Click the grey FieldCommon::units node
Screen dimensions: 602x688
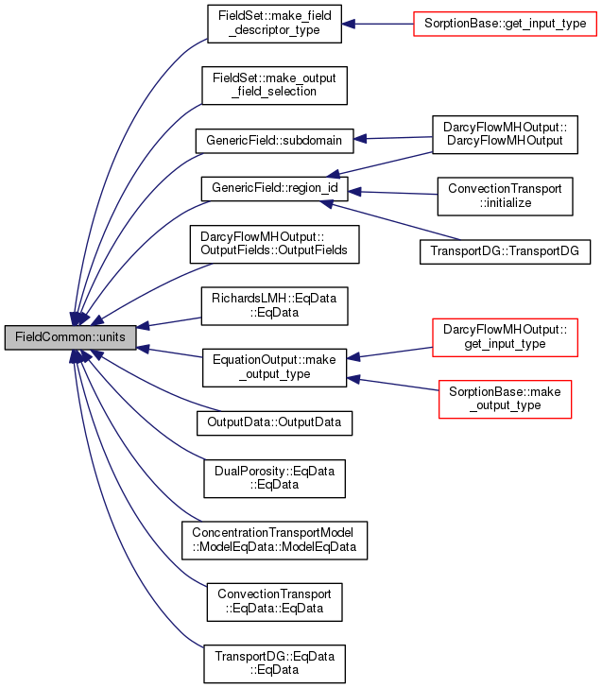pyautogui.click(x=71, y=337)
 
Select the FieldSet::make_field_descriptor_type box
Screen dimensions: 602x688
pyautogui.click(x=274, y=24)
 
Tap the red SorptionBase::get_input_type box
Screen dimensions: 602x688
pyautogui.click(x=505, y=24)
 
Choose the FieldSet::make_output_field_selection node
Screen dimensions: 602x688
pyautogui.click(x=274, y=86)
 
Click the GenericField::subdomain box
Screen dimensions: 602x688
pyautogui.click(x=274, y=141)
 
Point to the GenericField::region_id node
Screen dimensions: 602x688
pyautogui.click(x=274, y=189)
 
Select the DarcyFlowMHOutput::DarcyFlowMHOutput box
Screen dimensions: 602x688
pyautogui.click(x=505, y=135)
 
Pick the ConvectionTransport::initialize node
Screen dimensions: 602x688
pyautogui.click(x=505, y=197)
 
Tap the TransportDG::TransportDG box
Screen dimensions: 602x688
pyautogui.click(x=505, y=251)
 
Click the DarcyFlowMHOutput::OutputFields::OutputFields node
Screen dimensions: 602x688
pyautogui.click(x=274, y=245)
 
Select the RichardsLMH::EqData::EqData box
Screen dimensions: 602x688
pyautogui.click(x=274, y=306)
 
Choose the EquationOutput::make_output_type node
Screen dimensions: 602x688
pyautogui.click(x=274, y=368)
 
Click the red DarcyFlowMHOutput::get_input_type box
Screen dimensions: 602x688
pyautogui.click(x=505, y=337)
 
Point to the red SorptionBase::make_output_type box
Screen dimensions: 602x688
pyautogui.click(x=505, y=399)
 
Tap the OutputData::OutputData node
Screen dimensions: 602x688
pyautogui.click(x=274, y=423)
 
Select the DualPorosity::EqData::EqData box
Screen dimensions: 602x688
pyautogui.click(x=274, y=479)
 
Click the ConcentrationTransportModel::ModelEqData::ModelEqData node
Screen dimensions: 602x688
pyautogui.click(x=274, y=541)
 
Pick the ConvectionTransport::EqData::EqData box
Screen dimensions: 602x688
pyautogui.click(x=274, y=602)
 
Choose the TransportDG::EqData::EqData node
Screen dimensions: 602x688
pyautogui.click(x=274, y=663)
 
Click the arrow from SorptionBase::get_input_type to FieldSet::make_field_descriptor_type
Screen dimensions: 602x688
pyautogui.click(x=377, y=24)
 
